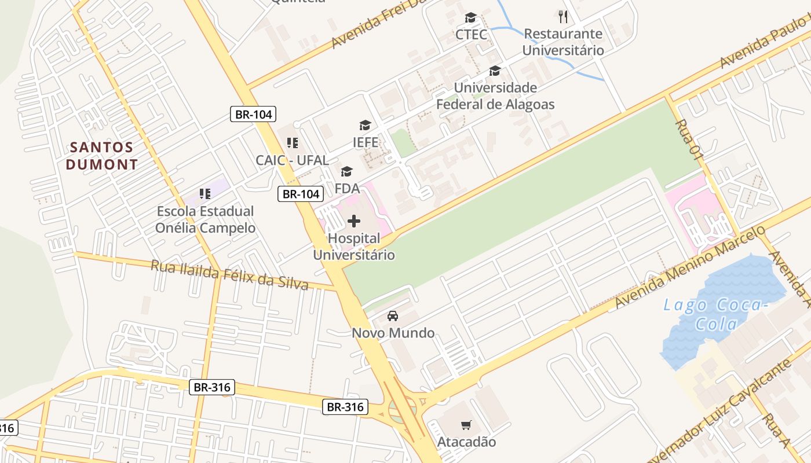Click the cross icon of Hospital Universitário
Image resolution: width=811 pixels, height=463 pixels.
pos(354,221)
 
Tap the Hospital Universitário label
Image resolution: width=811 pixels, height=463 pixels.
pos(354,247)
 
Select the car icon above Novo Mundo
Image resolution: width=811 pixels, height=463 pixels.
pos(393,316)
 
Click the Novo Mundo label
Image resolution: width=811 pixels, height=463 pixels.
pos(393,333)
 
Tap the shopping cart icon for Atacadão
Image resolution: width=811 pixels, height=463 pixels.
pos(466,425)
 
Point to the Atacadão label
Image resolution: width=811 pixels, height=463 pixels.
pos(466,442)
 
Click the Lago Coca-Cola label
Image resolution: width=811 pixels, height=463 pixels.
pos(716,314)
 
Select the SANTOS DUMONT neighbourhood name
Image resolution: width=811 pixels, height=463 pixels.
pos(102,156)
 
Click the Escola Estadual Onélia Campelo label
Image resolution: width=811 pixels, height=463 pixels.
pos(205,219)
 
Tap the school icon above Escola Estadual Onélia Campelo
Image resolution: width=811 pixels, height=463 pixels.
pos(204,193)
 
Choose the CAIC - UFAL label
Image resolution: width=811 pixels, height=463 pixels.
pos(293,160)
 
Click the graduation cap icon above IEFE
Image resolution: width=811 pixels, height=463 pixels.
pos(365,125)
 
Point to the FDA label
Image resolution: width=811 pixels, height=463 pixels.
pos(347,188)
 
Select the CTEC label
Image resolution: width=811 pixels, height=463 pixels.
pos(471,34)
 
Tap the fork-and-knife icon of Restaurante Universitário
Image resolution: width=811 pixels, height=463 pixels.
pos(562,16)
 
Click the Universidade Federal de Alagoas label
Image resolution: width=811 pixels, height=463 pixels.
pos(495,96)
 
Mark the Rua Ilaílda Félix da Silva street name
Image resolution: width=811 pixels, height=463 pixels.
pos(229,275)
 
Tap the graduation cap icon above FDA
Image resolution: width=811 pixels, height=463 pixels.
pos(347,171)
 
